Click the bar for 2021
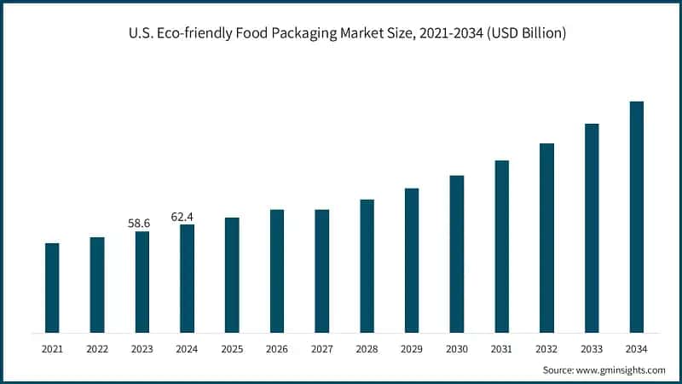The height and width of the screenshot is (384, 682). tap(52, 288)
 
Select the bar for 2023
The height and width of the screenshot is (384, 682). tap(142, 282)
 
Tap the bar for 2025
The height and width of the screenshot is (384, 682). tap(232, 275)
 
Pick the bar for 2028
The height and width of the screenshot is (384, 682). tap(367, 265)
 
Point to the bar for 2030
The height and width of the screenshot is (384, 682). tap(457, 253)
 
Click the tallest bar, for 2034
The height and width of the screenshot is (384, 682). tap(636, 217)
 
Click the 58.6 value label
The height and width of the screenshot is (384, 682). tap(139, 224)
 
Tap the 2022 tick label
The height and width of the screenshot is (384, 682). tap(97, 349)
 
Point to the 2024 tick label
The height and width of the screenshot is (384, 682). tap(187, 349)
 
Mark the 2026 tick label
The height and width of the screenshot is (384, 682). tap(277, 349)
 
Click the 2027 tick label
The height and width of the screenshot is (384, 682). tap(321, 349)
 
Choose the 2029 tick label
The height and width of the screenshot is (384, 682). tap(412, 349)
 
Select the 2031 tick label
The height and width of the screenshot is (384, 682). tap(501, 349)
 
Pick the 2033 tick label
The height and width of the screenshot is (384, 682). tap(591, 349)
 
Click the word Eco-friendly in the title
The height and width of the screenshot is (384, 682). tap(184, 33)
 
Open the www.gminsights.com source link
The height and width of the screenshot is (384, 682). tap(622, 370)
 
